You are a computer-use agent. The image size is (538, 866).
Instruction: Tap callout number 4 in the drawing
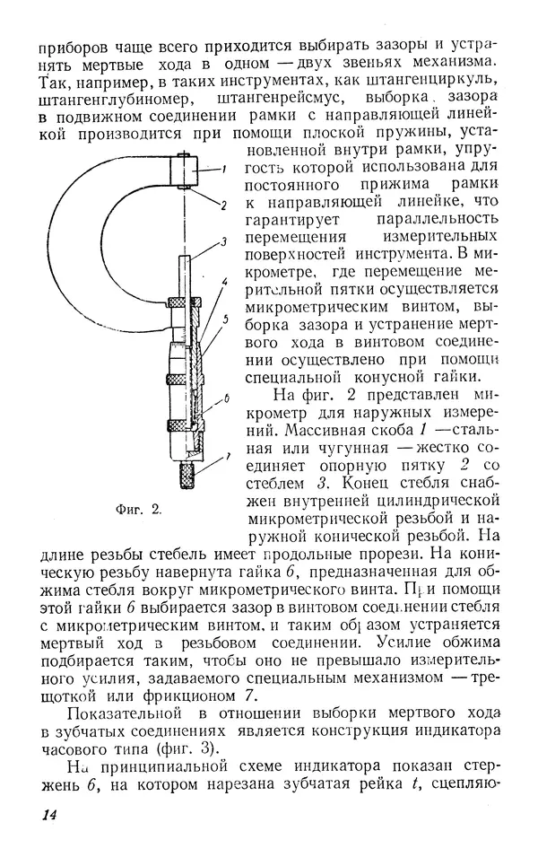pyautogui.click(x=225, y=282)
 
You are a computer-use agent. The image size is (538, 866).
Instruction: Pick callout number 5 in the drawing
pyautogui.click(x=225, y=319)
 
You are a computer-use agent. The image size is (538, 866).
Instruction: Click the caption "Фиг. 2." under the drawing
pyautogui.click(x=138, y=509)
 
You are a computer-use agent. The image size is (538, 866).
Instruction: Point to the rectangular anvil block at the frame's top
pyautogui.click(x=187, y=172)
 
